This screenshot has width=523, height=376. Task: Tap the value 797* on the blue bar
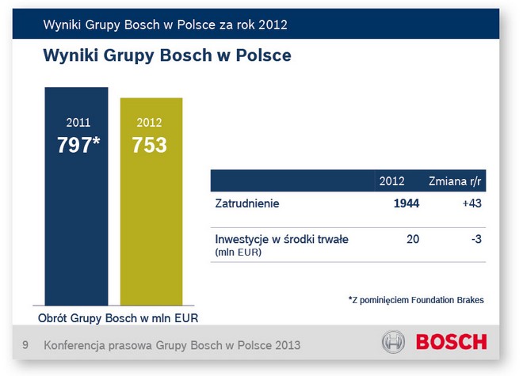point(78,145)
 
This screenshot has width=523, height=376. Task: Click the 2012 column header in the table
point(392,180)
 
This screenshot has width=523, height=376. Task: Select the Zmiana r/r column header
point(455,180)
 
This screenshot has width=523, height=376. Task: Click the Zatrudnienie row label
point(247,204)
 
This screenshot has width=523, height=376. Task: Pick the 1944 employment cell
point(405,204)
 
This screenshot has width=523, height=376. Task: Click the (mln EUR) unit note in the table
point(239,252)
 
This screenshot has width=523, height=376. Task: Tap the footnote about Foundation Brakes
point(415,300)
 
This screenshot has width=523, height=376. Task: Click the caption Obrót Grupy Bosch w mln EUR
point(119,318)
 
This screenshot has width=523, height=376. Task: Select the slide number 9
point(25,345)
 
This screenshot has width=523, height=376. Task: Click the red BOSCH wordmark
point(452,344)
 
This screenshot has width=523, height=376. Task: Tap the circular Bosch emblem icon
point(393,344)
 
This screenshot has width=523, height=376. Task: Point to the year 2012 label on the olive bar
point(149,123)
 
